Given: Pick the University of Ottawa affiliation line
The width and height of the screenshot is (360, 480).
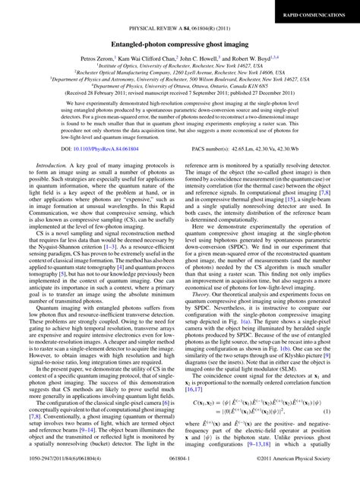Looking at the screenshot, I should pyautogui.click(x=179, y=90).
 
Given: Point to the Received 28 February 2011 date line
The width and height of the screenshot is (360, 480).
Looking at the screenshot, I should pyautogui.click(x=179, y=97).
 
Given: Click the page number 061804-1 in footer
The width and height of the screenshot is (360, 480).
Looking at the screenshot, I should pyautogui.click(x=179, y=471).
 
